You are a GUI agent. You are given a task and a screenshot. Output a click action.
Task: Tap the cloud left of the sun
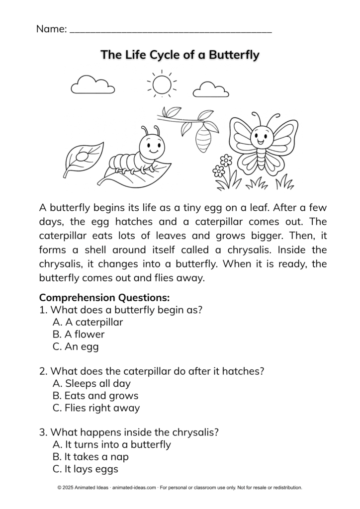(x=92, y=86)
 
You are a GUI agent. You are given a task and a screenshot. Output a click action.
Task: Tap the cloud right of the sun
(x=210, y=89)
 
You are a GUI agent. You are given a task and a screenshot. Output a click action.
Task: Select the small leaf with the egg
(x=83, y=157)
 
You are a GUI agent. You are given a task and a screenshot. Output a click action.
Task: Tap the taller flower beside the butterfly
(x=226, y=161)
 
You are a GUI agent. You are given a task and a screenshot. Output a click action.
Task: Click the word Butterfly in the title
(x=234, y=55)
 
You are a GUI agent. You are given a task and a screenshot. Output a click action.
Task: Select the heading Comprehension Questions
(x=104, y=298)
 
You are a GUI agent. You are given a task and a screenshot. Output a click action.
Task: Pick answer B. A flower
(x=78, y=334)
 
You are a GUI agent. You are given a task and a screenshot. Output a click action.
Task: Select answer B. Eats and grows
(x=95, y=396)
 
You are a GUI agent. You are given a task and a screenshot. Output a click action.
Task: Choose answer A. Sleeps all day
(x=91, y=383)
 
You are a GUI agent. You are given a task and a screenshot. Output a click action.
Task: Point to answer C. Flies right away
(x=96, y=408)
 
